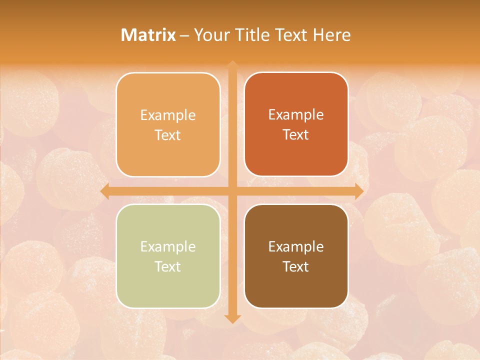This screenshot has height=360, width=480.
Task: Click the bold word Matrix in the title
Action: pos(148,35)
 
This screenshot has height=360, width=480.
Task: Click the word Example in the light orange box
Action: pos(168,115)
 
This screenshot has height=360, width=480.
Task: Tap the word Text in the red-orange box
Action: pos(296,135)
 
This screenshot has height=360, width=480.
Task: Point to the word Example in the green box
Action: pos(168,246)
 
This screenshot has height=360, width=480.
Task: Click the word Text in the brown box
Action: pos(296,266)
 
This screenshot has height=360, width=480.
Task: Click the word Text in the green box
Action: pos(168,266)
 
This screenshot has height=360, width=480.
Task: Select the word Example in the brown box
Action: pos(296,246)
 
